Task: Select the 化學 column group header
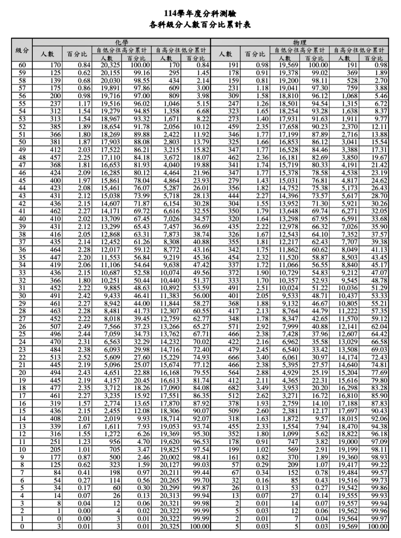point(121,42)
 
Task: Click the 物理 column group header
point(299,42)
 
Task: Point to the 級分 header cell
point(22,50)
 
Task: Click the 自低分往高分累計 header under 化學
point(121,50)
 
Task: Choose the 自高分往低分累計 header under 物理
point(359,50)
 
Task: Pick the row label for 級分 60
point(22,65)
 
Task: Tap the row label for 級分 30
point(22,296)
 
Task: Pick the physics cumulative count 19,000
point(348,442)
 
